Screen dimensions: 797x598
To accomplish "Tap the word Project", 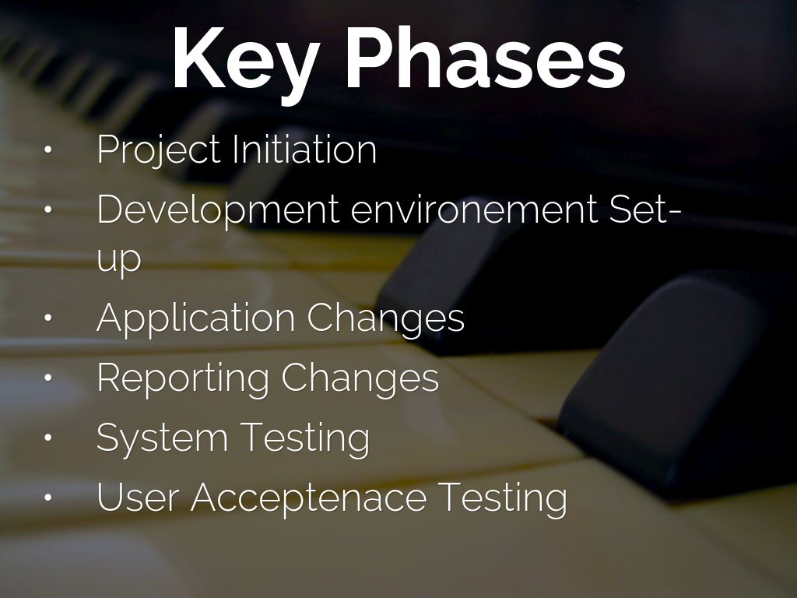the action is tap(160, 150).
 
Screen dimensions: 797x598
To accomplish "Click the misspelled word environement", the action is tap(475, 209).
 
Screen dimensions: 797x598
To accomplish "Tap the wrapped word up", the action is tap(119, 260).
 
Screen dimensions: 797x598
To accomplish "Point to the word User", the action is tap(137, 496).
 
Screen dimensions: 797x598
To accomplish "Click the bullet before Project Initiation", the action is tap(48, 150).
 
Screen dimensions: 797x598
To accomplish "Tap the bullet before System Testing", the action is tap(48, 438).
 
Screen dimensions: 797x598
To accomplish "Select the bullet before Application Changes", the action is tap(48, 318).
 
